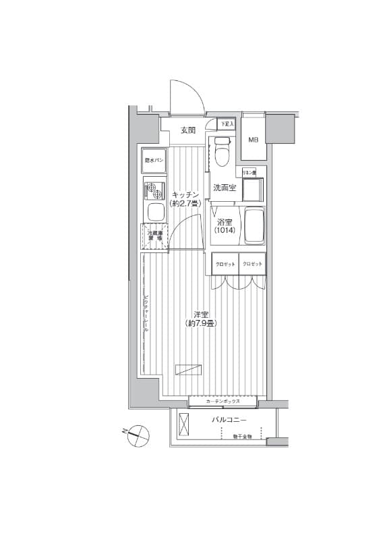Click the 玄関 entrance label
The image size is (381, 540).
click(187, 130)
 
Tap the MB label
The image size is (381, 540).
click(253, 140)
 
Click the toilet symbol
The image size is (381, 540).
click(223, 151)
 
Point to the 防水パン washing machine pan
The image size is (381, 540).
click(154, 161)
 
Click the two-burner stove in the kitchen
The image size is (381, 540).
click(154, 190)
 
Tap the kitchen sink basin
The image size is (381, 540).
click(154, 213)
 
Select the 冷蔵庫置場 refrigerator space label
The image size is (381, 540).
click(154, 236)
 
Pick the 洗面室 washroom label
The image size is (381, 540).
click(224, 188)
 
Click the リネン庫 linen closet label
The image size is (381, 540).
click(250, 173)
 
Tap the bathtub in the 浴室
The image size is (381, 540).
click(252, 226)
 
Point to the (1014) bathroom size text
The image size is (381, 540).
click(224, 231)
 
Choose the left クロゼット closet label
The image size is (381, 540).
click(225, 264)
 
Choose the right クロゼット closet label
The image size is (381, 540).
click(252, 264)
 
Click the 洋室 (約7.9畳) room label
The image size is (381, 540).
click(200, 319)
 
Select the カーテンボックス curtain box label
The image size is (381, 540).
click(223, 402)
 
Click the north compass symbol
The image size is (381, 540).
click(138, 433)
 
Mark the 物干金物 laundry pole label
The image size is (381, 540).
click(242, 437)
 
